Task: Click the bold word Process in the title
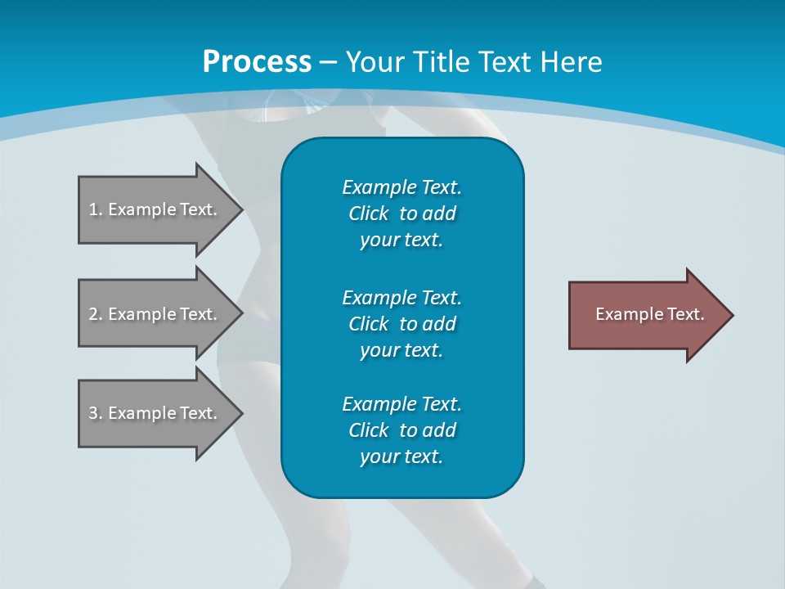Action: click(x=257, y=62)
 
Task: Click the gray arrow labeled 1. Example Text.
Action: click(x=155, y=209)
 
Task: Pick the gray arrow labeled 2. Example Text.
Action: click(x=155, y=314)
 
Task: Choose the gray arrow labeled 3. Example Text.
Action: click(x=155, y=413)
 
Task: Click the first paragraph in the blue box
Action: click(x=401, y=214)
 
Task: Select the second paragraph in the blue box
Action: click(x=401, y=323)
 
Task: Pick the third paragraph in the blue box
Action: click(x=401, y=430)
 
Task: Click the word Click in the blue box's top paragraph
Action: click(x=368, y=214)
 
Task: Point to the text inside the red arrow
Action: click(x=649, y=314)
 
